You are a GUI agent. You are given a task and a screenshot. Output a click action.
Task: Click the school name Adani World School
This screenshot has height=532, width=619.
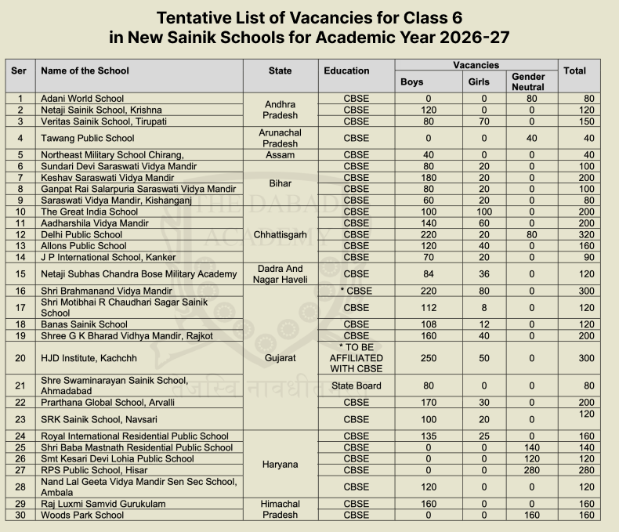coord(82,99)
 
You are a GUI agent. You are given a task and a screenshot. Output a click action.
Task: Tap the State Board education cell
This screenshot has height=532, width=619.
coord(357,385)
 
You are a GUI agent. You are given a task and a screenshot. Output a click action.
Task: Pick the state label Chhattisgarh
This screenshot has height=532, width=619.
coord(280,234)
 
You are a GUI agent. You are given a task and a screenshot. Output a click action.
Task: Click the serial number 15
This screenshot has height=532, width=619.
coord(20,273)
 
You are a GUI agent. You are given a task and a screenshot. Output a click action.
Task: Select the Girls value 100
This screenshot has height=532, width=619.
coord(484,212)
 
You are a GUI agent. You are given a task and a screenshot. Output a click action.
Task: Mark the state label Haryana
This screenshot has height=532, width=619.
coord(280,464)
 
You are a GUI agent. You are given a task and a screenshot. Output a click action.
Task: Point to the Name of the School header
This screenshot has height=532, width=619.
coord(85,71)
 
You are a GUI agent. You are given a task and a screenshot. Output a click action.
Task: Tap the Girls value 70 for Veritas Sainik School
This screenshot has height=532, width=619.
coord(484,121)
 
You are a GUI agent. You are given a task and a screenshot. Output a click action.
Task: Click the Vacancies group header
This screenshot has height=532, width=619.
coord(476,65)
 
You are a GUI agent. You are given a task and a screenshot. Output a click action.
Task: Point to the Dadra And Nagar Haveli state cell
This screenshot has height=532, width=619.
coord(280,273)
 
